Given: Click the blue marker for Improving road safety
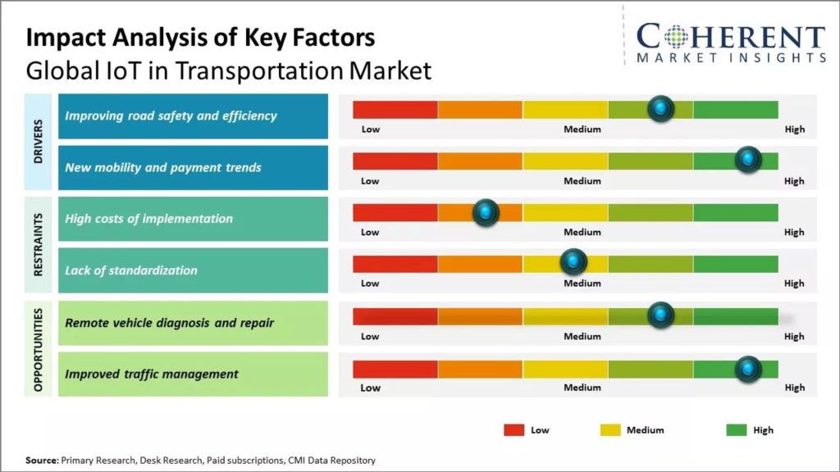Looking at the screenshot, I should point(660,108).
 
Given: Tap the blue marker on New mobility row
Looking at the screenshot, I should point(747,160).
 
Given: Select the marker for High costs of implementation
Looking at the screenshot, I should point(486,212).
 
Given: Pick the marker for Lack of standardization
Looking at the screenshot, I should point(573,262).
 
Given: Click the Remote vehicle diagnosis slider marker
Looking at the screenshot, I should point(660,315).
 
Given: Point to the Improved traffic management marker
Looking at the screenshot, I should point(747,369).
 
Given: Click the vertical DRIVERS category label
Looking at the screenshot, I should point(39,142).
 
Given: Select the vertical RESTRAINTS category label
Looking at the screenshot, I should point(39,245).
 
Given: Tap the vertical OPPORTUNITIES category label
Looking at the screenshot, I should point(39,348).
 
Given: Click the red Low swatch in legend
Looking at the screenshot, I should point(514,429).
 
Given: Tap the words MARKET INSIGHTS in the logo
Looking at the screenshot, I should point(731,57).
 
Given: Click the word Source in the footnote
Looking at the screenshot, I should point(41,461).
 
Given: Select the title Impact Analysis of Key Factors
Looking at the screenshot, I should point(200,38).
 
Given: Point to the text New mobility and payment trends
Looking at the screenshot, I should point(162,167).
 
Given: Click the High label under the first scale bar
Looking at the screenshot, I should point(794,129).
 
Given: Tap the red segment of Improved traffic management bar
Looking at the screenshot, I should point(395,369).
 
